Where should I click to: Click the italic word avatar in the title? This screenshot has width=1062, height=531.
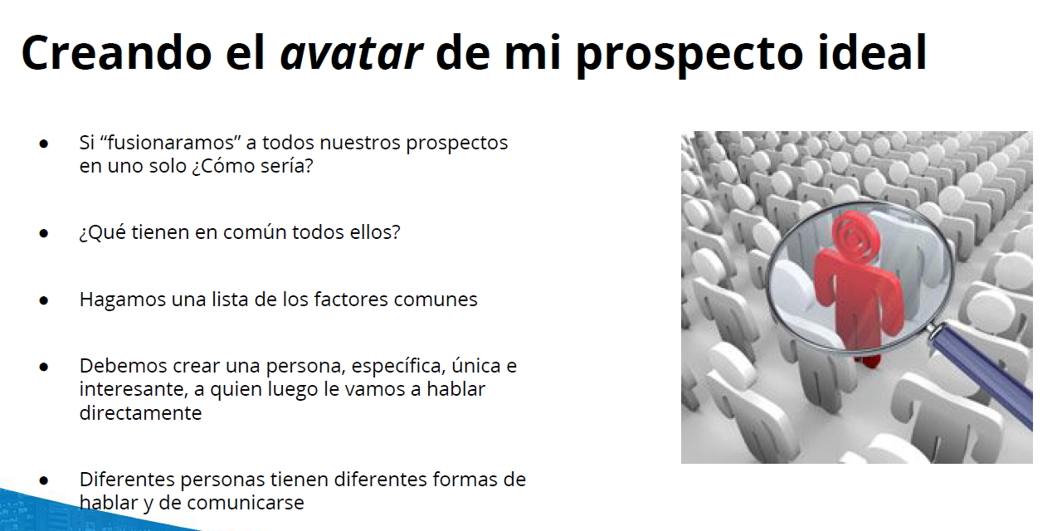click(x=351, y=53)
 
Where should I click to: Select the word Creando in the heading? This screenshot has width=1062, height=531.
click(x=117, y=52)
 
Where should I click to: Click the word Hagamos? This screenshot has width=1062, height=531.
click(x=122, y=300)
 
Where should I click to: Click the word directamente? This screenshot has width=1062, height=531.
click(x=140, y=413)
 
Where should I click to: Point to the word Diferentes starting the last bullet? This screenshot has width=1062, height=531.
click(x=127, y=480)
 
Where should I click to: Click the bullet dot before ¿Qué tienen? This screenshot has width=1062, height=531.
click(x=44, y=233)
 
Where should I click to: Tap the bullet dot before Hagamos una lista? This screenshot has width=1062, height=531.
click(x=44, y=300)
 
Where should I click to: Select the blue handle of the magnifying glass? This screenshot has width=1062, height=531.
click(x=982, y=373)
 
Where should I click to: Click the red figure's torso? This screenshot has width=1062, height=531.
click(x=857, y=290)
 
